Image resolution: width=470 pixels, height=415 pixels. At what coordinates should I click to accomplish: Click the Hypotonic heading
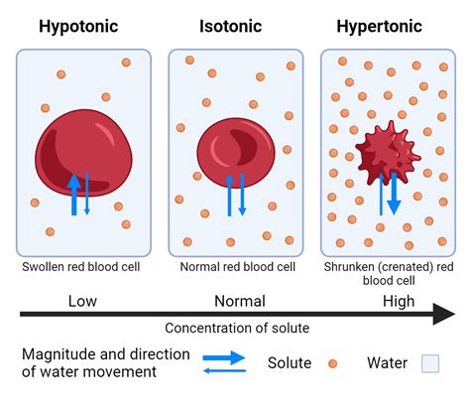(78, 27)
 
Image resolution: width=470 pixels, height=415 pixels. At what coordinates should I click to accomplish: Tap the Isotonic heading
(230, 27)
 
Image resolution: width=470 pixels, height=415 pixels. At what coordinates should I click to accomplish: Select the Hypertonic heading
(379, 27)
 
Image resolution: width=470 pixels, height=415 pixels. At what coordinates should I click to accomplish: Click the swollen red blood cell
(83, 153)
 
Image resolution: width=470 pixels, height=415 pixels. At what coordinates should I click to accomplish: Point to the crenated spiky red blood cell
(388, 153)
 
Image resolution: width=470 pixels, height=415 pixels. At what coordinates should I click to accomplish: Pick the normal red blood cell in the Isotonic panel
(236, 153)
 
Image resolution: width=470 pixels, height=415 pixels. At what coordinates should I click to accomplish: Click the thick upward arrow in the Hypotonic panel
(74, 195)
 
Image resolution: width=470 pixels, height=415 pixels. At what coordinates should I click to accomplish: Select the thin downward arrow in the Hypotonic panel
(87, 194)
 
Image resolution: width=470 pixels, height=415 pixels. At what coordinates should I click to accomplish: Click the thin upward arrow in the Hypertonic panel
(381, 195)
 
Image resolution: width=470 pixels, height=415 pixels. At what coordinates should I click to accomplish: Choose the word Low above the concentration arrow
(82, 301)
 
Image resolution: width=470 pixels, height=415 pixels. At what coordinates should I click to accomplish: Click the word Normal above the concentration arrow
(240, 301)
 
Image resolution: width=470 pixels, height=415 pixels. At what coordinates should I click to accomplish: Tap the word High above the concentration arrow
(399, 302)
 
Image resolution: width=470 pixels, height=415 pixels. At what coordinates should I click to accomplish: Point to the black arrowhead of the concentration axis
(444, 314)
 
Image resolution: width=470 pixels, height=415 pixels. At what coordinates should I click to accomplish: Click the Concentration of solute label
(237, 328)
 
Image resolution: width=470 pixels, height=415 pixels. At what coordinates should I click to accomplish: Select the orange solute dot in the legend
(332, 363)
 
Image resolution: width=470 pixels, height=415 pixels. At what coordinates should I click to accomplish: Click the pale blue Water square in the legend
(430, 363)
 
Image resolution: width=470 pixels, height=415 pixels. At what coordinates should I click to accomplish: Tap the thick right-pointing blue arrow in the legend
(224, 357)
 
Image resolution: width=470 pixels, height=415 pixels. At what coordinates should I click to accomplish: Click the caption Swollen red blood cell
(81, 267)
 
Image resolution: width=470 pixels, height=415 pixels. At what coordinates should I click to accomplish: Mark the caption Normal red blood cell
(237, 267)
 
